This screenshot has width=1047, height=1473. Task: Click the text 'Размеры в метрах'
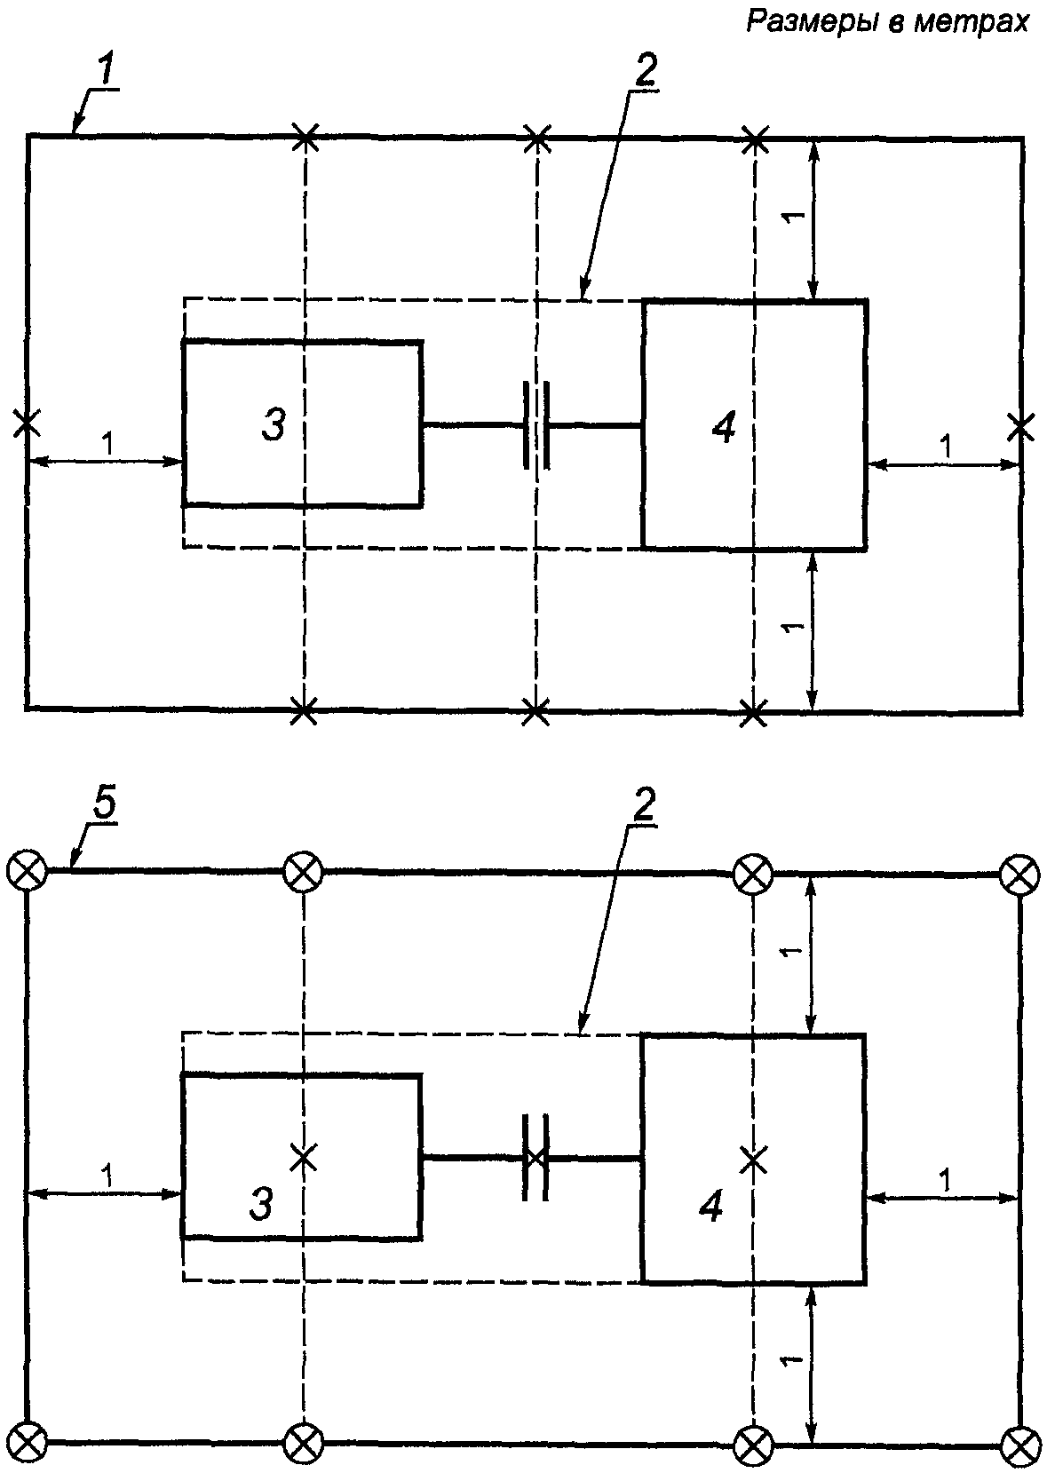(x=887, y=22)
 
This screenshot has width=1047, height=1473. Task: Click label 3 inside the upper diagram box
(x=274, y=424)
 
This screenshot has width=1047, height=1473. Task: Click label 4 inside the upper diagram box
(x=724, y=429)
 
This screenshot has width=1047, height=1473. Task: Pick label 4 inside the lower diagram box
(x=711, y=1206)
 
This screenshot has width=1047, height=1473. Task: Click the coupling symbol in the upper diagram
(x=536, y=425)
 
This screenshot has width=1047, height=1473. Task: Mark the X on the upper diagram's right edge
(x=1020, y=427)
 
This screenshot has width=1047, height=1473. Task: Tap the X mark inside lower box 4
(x=754, y=1160)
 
